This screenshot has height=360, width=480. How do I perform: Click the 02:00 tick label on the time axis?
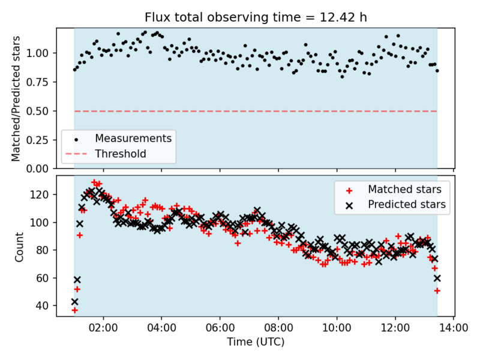point(103,329)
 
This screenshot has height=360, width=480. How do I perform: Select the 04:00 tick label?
point(161,329)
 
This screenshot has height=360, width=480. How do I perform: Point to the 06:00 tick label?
point(220,329)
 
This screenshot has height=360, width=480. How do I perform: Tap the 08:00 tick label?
point(278,329)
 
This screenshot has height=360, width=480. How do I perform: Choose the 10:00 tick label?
point(337,329)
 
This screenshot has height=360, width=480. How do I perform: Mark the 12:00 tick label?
point(395,329)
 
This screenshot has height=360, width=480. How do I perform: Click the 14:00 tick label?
point(453,329)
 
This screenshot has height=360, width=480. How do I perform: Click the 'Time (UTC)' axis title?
point(255,343)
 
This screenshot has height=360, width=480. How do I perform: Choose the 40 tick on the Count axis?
point(43,305)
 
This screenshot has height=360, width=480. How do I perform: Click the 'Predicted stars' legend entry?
point(407,205)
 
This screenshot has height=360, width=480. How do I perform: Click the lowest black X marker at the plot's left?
point(74,302)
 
